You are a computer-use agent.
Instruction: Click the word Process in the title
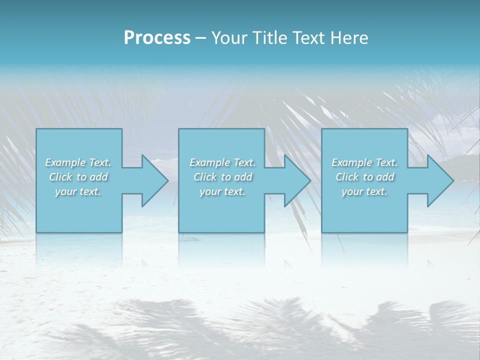(x=157, y=37)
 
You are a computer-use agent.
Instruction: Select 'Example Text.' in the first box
(x=78, y=162)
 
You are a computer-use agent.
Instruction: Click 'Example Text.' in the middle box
(x=222, y=162)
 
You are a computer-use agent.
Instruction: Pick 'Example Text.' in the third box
(x=364, y=162)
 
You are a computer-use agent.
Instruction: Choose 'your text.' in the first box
(x=78, y=191)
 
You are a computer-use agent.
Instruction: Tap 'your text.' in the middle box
(x=222, y=191)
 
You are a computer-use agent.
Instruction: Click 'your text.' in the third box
(x=364, y=191)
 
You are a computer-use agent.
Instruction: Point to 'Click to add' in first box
(x=78, y=177)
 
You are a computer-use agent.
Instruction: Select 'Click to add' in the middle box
(x=222, y=177)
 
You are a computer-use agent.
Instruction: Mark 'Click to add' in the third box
(x=365, y=177)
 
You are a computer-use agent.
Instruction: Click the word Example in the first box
(x=65, y=162)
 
